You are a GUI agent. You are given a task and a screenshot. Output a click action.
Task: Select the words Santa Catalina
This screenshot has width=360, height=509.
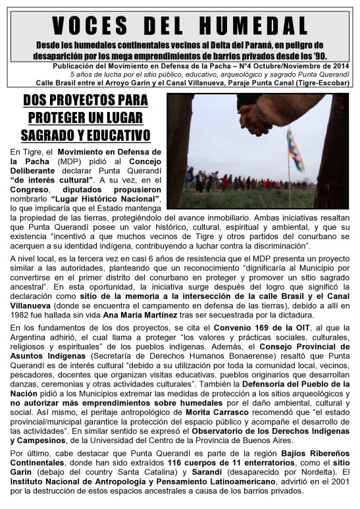[x=109, y=473]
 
